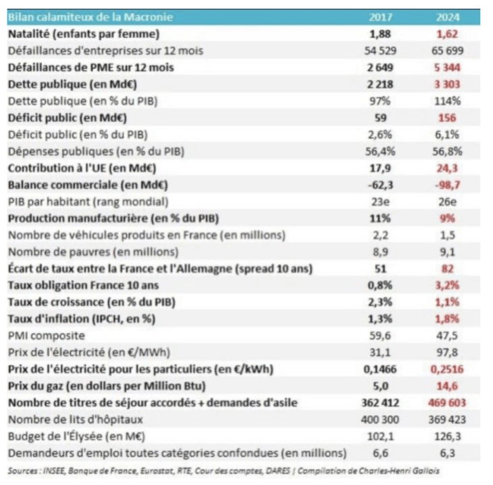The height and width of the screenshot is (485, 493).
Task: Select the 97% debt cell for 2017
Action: point(382,101)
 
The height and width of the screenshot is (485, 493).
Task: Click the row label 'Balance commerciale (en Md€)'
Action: point(88,185)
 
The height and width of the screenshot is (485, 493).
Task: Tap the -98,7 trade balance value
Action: point(446,185)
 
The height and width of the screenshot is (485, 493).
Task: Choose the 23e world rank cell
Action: point(382,202)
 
